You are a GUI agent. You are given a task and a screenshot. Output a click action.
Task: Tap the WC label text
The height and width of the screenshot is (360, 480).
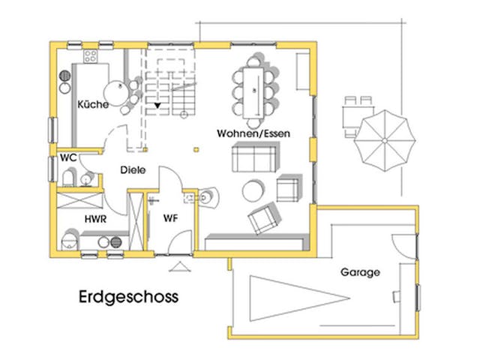tap(67, 158)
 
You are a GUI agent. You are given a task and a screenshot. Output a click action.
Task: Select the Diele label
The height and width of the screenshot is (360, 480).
tap(132, 170)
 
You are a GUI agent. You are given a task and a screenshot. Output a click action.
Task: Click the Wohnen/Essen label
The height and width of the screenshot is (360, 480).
tap(253, 132)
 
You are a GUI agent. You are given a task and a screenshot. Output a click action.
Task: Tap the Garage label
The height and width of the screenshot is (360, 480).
tap(360, 272)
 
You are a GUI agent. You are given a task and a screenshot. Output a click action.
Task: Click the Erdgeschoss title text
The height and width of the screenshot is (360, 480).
tap(128, 296)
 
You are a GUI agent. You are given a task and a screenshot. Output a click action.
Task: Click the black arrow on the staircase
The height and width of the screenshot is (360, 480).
tap(157, 106)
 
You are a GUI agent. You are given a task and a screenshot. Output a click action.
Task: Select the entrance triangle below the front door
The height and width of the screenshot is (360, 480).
tap(180, 266)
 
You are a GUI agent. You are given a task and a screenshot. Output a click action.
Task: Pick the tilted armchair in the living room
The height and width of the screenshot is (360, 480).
tap(262, 218)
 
